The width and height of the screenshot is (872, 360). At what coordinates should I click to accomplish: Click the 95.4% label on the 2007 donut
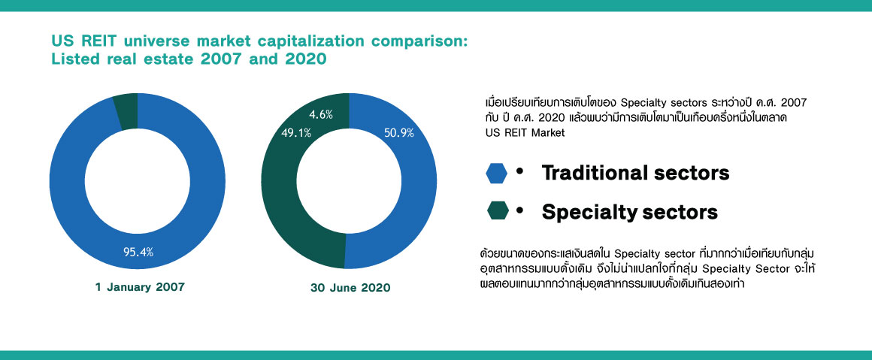click(x=138, y=252)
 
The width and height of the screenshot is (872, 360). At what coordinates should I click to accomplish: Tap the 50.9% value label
click(x=399, y=134)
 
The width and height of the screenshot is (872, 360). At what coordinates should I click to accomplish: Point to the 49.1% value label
click(x=296, y=134)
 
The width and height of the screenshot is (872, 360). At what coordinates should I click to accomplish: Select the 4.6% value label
click(x=320, y=115)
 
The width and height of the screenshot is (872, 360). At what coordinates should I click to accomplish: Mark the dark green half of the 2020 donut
click(x=279, y=183)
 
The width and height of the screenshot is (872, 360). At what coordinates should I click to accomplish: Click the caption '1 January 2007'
click(x=140, y=288)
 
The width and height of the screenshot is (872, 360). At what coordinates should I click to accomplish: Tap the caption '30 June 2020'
click(x=350, y=288)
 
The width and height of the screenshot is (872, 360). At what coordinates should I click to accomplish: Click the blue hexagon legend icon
click(x=497, y=173)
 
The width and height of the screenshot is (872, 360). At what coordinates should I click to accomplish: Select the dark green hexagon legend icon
click(x=497, y=211)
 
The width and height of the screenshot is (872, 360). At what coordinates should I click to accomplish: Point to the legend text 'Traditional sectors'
click(x=636, y=173)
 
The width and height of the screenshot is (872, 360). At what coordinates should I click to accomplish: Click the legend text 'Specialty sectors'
click(x=629, y=212)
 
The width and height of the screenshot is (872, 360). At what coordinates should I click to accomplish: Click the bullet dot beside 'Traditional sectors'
click(x=520, y=173)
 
